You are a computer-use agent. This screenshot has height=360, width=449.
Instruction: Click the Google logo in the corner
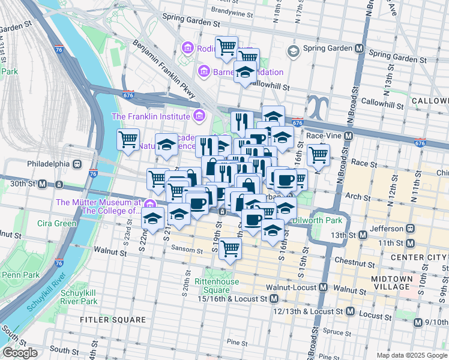20,353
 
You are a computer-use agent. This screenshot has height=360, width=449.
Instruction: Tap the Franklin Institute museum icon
200,116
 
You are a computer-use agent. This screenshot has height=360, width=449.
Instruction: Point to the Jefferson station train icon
411,228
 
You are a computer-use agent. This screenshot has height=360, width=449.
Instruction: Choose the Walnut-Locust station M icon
323,287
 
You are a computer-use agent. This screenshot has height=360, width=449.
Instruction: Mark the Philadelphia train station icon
77,164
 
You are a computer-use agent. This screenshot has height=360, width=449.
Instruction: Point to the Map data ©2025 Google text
412,355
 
